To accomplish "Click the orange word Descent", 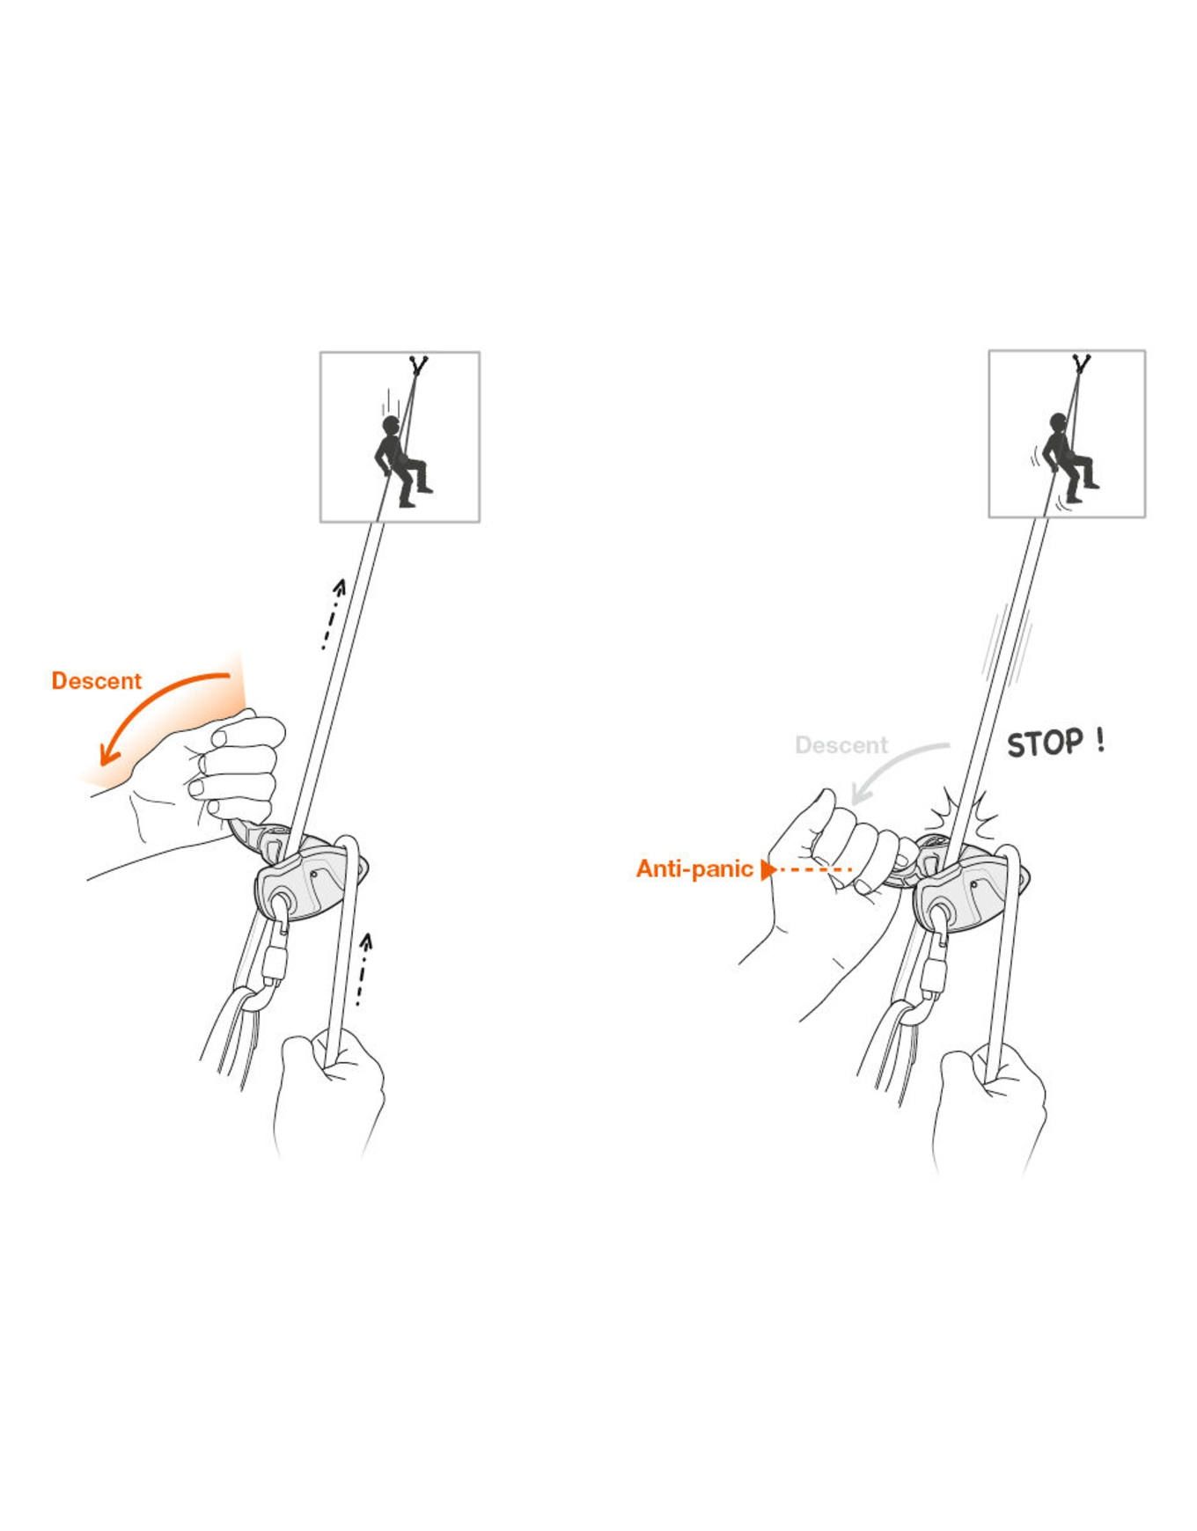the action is pos(96,681).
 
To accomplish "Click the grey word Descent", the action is pos(841,745).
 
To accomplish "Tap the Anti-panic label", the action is pos(694,869).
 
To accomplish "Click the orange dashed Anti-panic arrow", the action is pos(805,870).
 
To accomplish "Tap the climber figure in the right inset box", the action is pos(1068,458).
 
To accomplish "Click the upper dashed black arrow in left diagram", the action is pos(333,614).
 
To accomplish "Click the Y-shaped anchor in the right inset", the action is pos(1081,364).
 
